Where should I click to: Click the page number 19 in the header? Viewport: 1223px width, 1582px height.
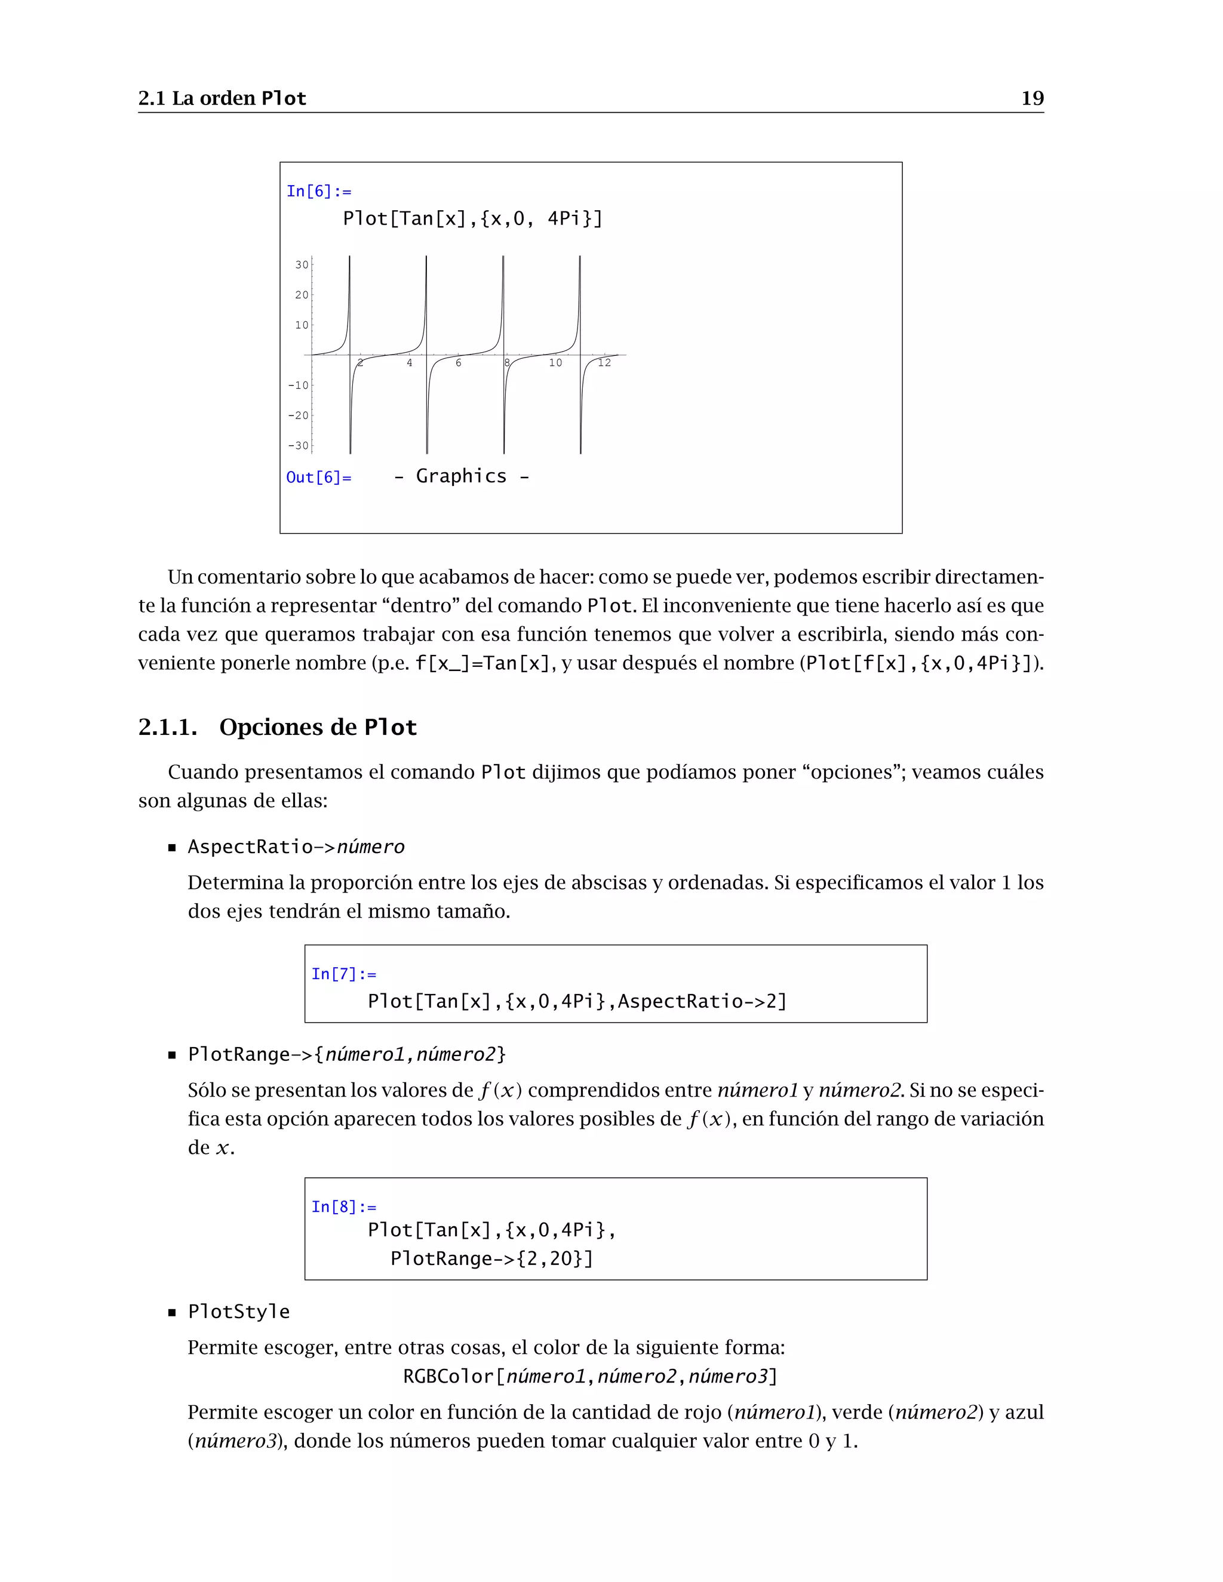point(1032,99)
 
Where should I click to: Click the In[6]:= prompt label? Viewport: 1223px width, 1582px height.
point(319,191)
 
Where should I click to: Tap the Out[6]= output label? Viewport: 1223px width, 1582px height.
point(319,478)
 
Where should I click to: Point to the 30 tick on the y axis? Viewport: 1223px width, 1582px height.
point(302,265)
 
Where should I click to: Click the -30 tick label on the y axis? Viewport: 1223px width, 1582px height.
point(299,446)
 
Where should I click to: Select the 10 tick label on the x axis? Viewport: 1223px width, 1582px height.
point(555,363)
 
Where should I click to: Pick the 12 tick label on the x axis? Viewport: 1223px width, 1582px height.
point(604,363)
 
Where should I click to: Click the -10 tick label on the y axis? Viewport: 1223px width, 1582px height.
point(299,386)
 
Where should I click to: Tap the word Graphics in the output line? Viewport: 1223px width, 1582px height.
point(461,476)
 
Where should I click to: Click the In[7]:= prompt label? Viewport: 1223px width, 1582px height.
point(344,974)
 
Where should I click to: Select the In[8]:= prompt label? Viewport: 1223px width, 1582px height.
point(344,1206)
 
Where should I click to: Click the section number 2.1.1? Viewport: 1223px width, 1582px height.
point(167,727)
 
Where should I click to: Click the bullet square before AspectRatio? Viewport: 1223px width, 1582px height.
point(173,848)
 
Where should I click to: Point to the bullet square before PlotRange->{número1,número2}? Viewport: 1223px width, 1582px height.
point(173,1055)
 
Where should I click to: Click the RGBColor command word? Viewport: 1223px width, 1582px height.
point(448,1376)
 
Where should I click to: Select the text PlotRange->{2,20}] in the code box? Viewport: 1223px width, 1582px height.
point(492,1259)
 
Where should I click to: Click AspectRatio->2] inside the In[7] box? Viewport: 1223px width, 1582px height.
point(701,1002)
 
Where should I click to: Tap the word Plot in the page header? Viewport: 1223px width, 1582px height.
point(284,99)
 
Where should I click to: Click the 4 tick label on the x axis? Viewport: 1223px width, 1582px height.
point(409,363)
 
